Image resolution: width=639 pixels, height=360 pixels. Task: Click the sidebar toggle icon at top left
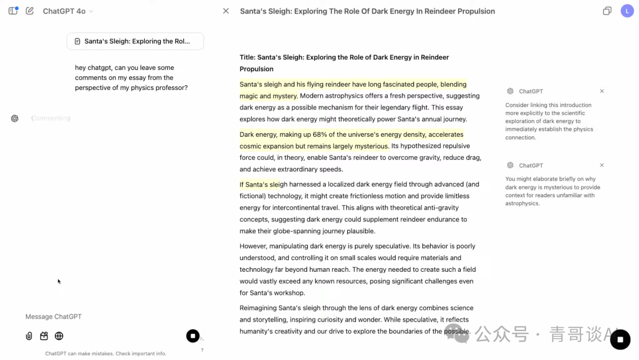(x=13, y=11)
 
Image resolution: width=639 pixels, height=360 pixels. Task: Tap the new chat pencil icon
(x=30, y=11)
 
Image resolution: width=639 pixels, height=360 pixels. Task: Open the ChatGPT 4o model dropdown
(x=68, y=11)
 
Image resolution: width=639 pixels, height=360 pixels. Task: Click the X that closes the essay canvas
(x=225, y=11)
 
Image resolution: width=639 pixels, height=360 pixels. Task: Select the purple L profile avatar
(x=627, y=11)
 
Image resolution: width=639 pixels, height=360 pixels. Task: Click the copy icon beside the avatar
(x=607, y=11)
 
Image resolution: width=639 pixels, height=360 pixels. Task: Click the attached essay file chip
(x=135, y=41)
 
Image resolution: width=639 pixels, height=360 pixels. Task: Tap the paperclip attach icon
(x=29, y=336)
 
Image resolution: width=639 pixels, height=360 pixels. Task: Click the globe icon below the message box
(x=59, y=336)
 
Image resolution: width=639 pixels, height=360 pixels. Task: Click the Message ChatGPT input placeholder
(x=53, y=317)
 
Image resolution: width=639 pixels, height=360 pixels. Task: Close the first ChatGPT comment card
(x=602, y=91)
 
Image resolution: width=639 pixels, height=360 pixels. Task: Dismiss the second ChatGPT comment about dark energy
(x=602, y=165)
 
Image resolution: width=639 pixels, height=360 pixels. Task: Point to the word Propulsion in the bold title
(x=256, y=69)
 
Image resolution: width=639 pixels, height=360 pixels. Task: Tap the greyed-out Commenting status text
(x=50, y=118)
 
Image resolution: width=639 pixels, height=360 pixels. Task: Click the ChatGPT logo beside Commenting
(x=15, y=118)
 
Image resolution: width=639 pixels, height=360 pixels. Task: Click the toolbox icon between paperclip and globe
(x=44, y=336)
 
